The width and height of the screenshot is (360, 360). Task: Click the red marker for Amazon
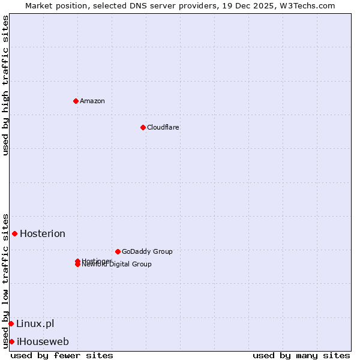[x=76, y=101]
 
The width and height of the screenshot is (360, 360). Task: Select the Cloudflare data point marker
[x=143, y=127]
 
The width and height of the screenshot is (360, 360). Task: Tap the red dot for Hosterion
[x=14, y=233]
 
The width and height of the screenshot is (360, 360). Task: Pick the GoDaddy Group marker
[x=118, y=251]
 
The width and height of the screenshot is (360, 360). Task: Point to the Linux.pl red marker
[x=11, y=323]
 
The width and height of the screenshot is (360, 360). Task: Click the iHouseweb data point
[x=11, y=341]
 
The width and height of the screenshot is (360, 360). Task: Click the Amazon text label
[x=92, y=101]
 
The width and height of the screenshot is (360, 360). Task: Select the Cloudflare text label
[x=163, y=127]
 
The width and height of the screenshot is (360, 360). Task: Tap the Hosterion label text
[x=43, y=233]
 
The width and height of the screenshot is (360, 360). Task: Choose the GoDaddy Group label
[x=147, y=251]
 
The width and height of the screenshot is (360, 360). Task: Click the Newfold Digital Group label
[x=117, y=265]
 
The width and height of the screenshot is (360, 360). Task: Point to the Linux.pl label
[x=35, y=323]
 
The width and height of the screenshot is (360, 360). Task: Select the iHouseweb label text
[x=43, y=341]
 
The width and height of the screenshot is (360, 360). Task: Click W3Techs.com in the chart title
[x=306, y=5]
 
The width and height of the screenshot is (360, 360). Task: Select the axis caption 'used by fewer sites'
[x=62, y=355]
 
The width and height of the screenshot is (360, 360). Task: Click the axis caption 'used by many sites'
[x=301, y=355]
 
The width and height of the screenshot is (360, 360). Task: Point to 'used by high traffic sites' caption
[x=5, y=85]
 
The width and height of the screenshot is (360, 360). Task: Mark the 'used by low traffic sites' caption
[x=5, y=280]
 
